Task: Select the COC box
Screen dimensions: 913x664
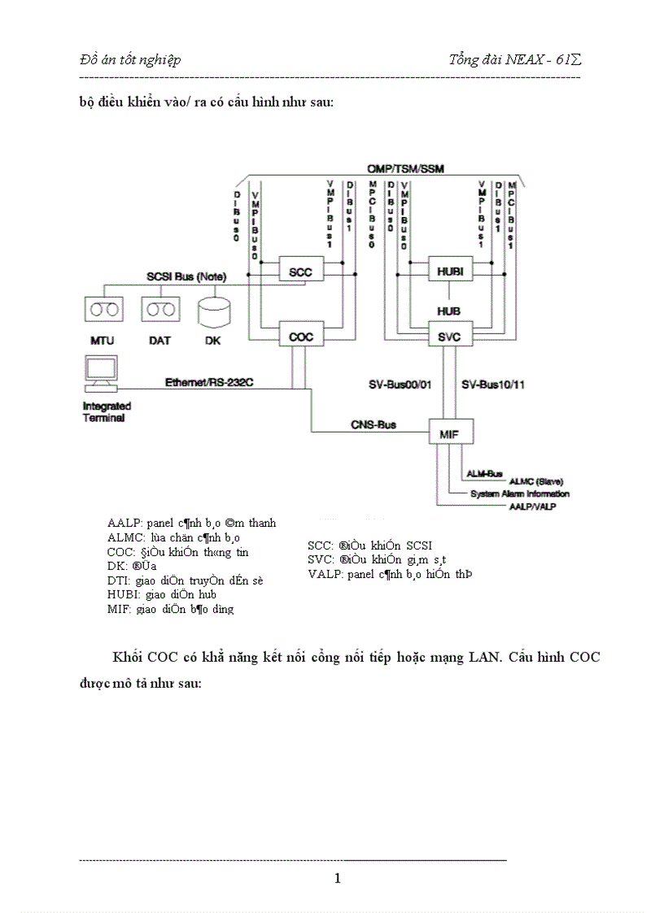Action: tap(301, 336)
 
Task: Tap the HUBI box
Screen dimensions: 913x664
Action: tap(450, 272)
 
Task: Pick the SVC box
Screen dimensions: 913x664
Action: tap(450, 336)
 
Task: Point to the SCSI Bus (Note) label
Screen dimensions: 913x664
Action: tap(186, 277)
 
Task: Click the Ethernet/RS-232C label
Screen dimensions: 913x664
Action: tap(204, 381)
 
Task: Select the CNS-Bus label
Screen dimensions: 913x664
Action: tap(373, 424)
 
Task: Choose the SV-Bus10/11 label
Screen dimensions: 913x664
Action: tap(494, 384)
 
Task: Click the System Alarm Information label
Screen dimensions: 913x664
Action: tap(520, 493)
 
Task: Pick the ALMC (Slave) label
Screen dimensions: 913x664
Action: tap(536, 481)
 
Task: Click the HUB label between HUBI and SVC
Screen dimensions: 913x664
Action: tap(449, 311)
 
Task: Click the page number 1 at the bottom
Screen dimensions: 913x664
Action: tap(338, 878)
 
